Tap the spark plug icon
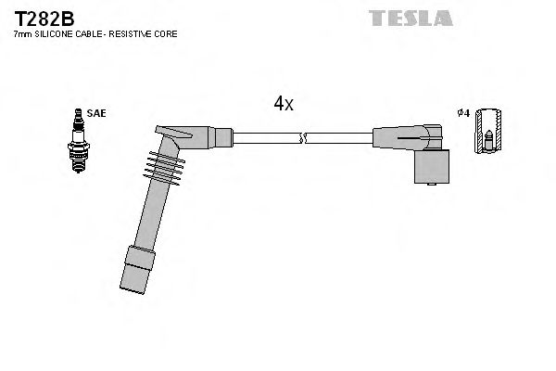point(77,141)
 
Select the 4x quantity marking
point(284,105)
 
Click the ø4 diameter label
point(463,113)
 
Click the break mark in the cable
point(301,139)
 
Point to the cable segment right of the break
point(338,139)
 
